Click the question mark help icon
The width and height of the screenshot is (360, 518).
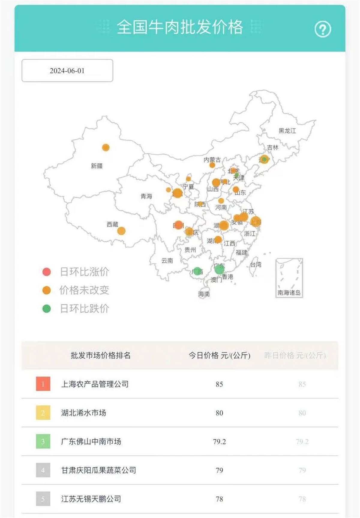coord(322,29)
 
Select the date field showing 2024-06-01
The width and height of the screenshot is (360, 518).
coord(67,71)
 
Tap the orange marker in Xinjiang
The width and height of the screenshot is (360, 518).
coord(106,147)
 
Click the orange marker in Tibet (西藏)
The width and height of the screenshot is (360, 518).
coord(121,231)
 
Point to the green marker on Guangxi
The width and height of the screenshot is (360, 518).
coord(197,271)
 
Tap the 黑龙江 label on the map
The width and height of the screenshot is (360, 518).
coord(287,131)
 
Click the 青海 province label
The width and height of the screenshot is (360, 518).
coord(146,196)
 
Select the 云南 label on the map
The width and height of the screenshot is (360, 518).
coord(167,260)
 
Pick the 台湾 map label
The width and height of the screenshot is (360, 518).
coord(256,264)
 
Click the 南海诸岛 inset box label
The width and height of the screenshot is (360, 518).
coord(289,293)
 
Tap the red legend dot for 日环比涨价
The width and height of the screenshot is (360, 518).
coord(46,272)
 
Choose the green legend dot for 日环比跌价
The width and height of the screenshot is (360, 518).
coord(46,308)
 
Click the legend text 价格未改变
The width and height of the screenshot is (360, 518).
coord(84,290)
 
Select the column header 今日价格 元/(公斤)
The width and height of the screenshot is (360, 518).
coord(219,356)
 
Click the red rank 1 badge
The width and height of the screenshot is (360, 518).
coord(43,384)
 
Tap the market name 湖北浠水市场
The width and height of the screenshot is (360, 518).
coord(84,413)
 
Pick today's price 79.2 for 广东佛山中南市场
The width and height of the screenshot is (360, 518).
coord(219,442)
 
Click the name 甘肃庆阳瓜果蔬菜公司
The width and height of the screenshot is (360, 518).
coord(98,470)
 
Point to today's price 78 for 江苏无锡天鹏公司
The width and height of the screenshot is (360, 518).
coord(219,499)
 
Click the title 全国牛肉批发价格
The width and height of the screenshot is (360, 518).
coord(180,27)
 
